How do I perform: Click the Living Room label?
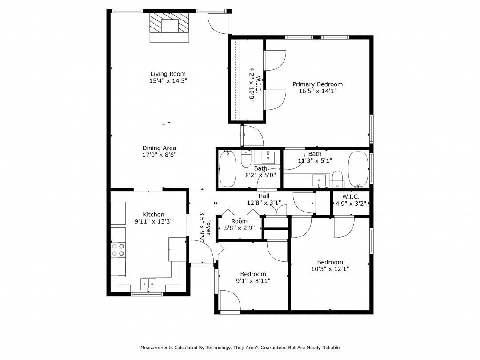pos(168,74)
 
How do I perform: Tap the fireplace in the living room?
pos(169,24)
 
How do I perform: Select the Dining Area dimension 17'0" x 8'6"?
pos(159,155)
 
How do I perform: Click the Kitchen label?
pos(153,215)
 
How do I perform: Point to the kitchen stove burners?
pos(118,249)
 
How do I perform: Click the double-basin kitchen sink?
pos(148,284)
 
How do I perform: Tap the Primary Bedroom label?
pos(317,84)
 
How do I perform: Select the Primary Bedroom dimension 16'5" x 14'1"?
pos(317,92)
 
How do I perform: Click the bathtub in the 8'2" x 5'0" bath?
pos(228,169)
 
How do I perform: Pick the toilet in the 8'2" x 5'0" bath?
pos(246,159)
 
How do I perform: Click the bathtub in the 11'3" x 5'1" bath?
pos(358,169)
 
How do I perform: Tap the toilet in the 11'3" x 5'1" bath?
pos(338,178)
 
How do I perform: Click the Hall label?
pos(264,196)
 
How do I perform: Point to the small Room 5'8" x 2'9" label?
pos(239,221)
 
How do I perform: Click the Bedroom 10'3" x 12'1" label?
pos(330,262)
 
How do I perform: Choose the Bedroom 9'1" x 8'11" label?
pos(253,274)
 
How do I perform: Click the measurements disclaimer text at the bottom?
pos(240,348)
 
